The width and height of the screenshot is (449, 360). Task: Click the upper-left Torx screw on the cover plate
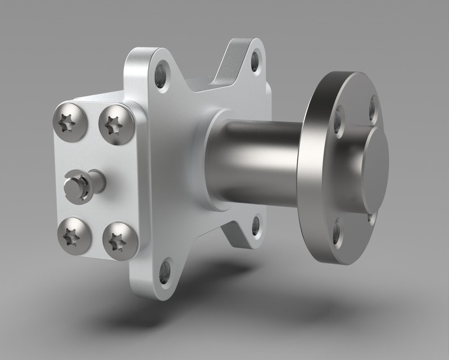pyautogui.click(x=70, y=121)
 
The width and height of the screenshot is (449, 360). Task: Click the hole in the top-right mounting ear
pyautogui.click(x=256, y=60)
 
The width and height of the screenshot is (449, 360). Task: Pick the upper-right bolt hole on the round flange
pyautogui.click(x=373, y=110)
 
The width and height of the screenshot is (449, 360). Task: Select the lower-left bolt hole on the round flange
pyautogui.click(x=336, y=232)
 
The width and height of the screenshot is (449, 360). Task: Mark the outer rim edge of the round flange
pyautogui.click(x=308, y=169)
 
